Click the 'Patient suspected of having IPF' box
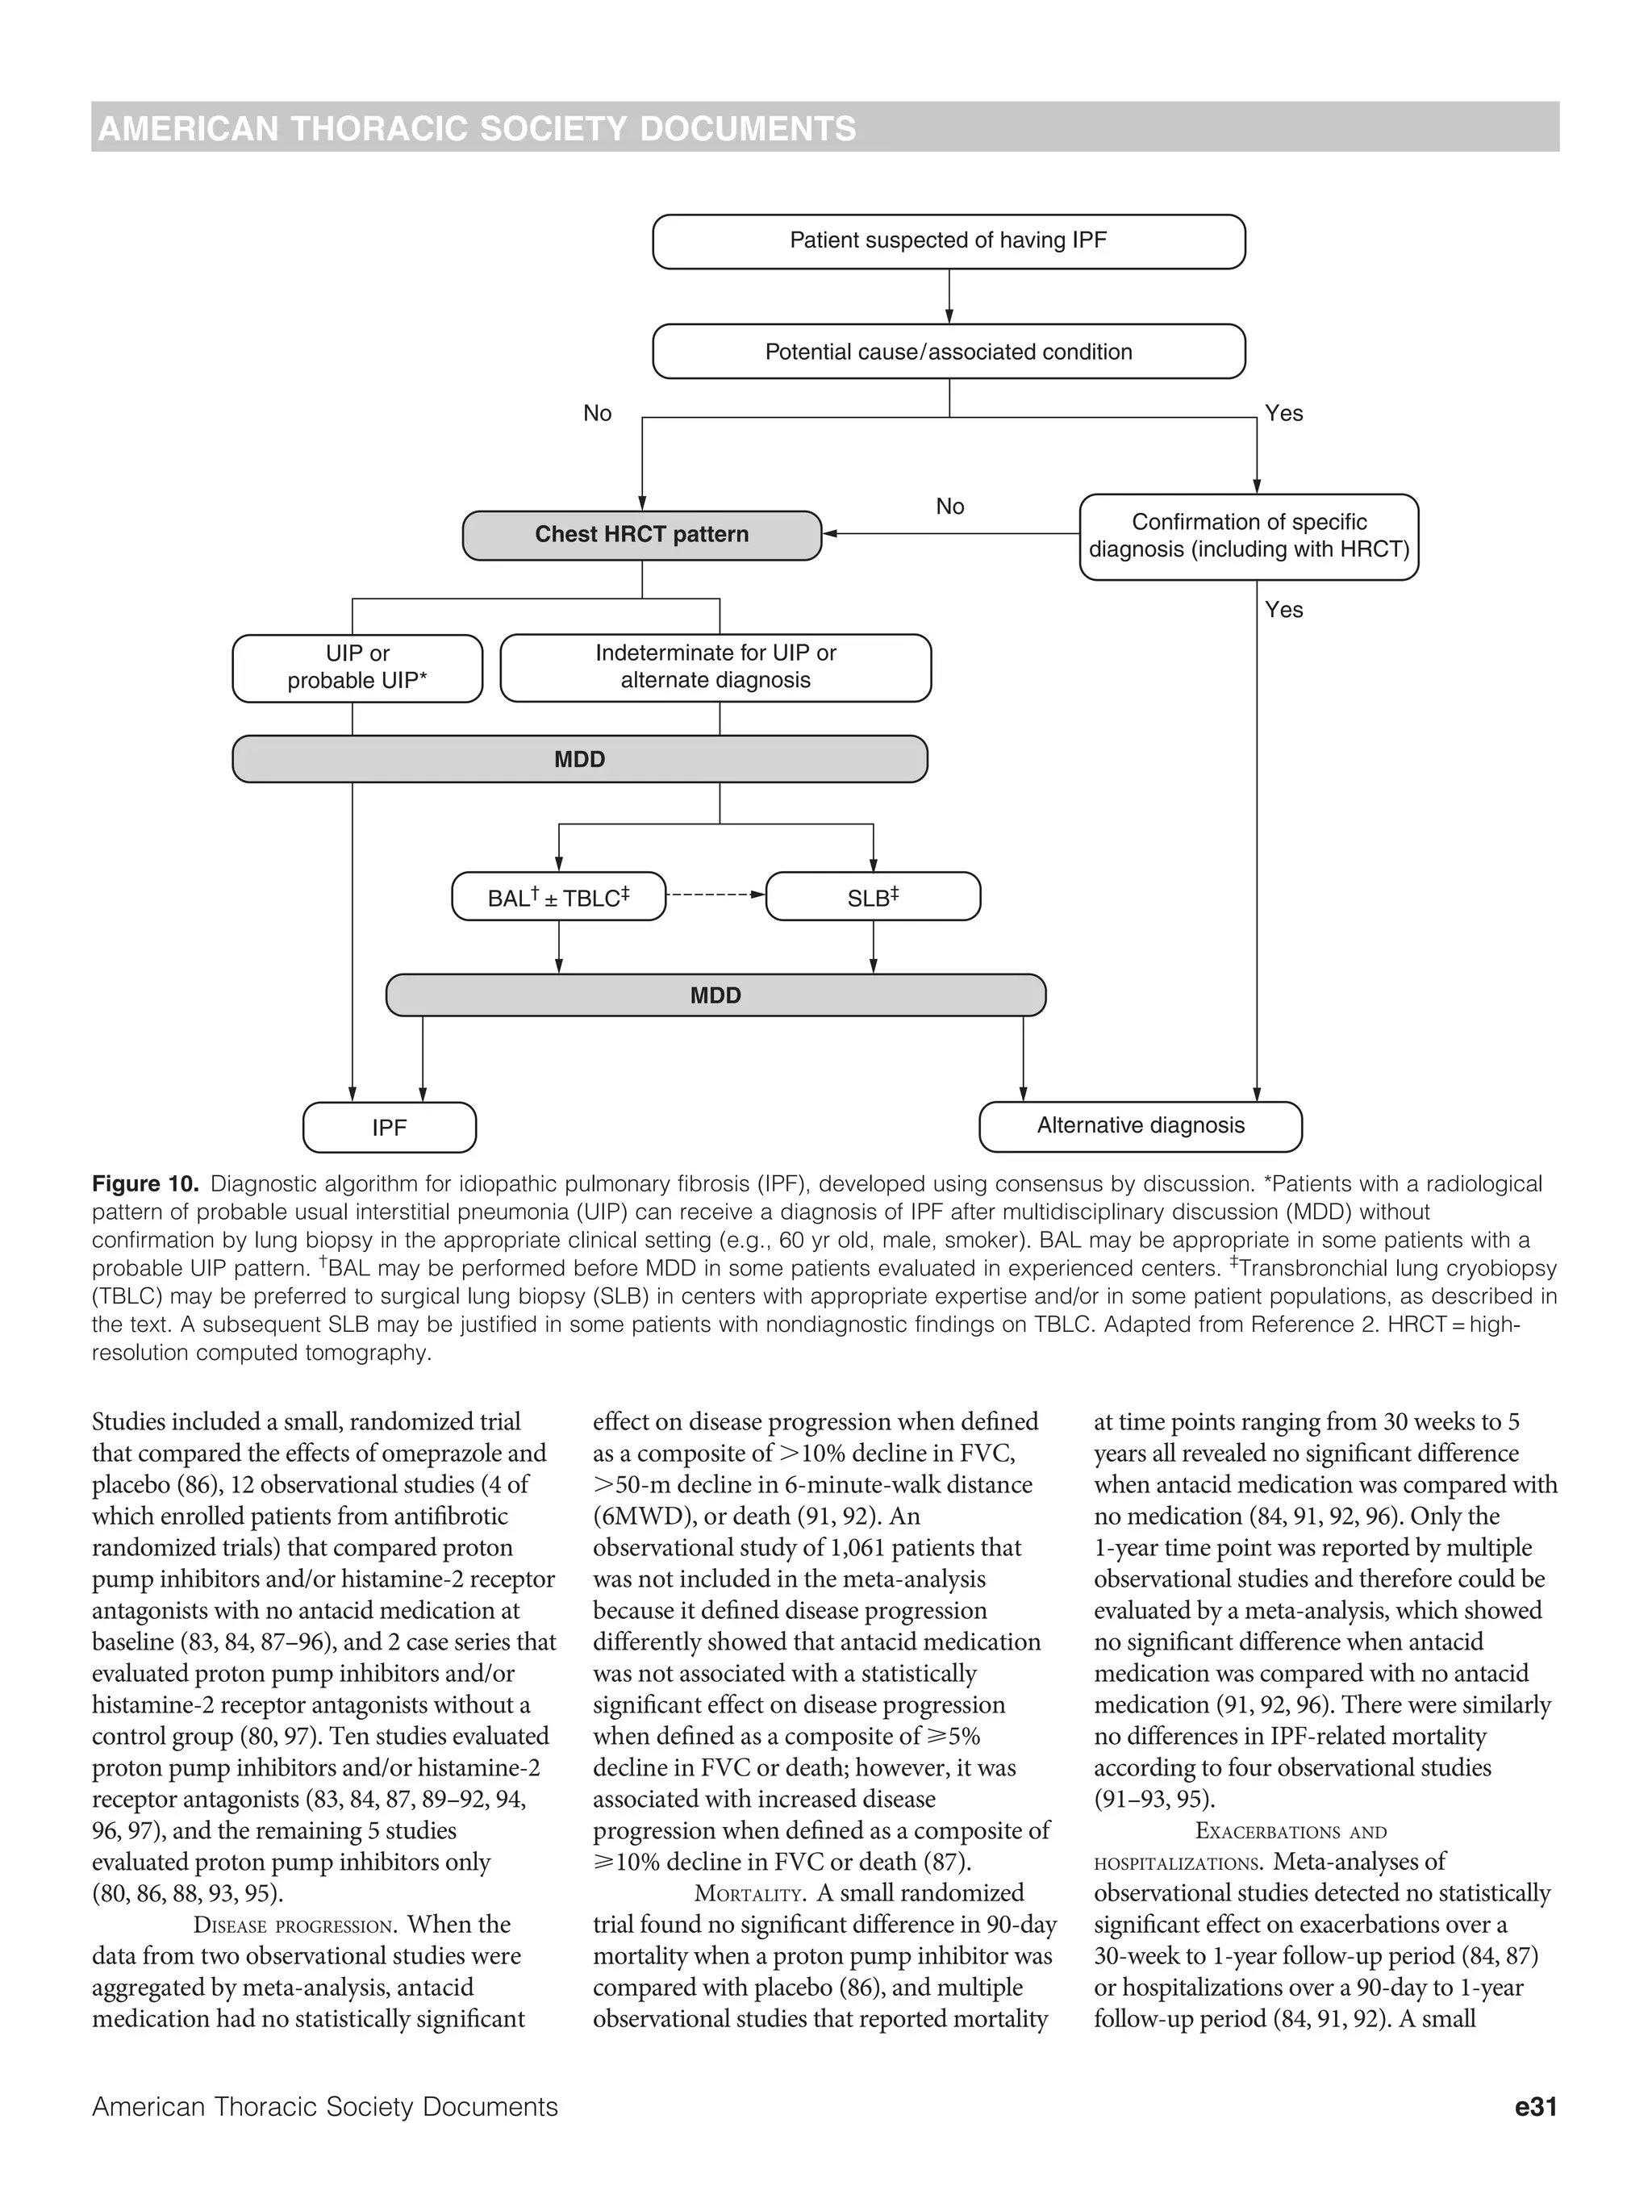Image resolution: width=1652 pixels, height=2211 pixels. click(948, 241)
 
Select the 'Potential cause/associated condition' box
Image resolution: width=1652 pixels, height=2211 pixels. click(948, 352)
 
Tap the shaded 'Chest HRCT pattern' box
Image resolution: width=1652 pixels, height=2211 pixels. click(640, 535)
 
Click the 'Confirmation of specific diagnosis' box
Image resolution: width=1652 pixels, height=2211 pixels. click(1248, 536)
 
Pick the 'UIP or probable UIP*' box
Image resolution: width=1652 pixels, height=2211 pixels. click(357, 668)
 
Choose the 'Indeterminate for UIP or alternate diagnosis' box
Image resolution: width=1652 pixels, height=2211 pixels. click(715, 667)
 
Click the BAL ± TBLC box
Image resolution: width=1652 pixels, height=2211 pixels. click(557, 897)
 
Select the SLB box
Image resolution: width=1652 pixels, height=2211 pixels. click(873, 897)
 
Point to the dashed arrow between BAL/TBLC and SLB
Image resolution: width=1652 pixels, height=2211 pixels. click(715, 895)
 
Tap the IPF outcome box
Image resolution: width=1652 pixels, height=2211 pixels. click(389, 1128)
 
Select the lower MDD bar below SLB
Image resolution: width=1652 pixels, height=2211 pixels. click(715, 995)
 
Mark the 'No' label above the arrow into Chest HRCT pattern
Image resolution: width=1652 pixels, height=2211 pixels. click(949, 507)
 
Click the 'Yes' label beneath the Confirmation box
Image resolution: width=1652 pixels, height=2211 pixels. click(1283, 610)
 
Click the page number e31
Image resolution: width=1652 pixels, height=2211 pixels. click(1535, 2107)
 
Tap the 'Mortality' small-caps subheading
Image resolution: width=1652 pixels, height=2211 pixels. click(749, 1894)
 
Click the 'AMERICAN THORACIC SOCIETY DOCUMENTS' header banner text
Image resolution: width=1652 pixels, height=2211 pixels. click(477, 129)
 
